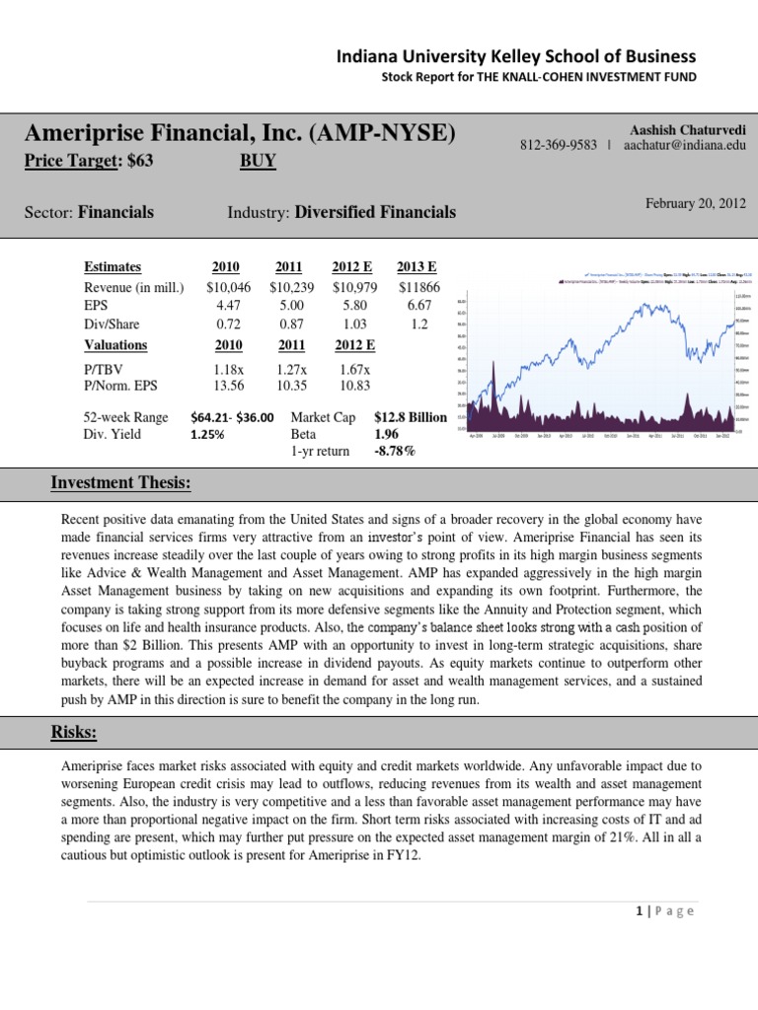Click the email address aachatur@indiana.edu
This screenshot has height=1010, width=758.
685,145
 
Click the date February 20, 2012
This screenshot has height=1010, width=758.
696,203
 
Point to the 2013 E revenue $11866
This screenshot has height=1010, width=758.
419,287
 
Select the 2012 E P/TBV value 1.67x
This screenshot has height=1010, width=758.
351,369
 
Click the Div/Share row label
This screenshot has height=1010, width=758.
112,325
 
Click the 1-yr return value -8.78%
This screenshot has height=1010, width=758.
395,452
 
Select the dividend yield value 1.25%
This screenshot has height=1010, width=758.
209,434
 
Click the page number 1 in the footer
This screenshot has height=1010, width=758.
640,910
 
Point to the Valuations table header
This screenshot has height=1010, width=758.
115,345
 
